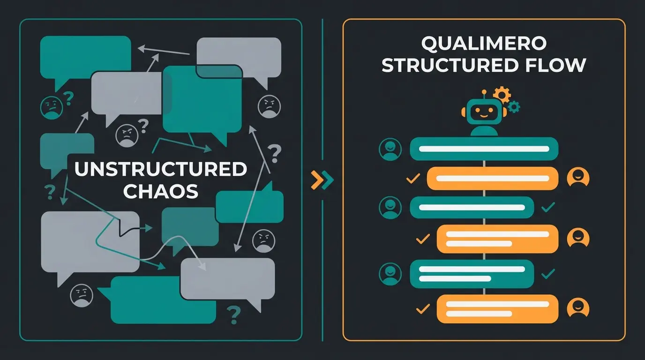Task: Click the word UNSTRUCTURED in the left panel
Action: point(160,169)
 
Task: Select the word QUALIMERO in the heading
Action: point(484,44)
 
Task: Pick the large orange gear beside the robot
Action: point(502,95)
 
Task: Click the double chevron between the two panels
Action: point(322,180)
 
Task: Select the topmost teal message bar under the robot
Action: point(484,149)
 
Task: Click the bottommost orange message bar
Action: point(497,308)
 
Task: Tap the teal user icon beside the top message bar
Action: point(390,150)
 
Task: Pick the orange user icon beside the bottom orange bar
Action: point(578,308)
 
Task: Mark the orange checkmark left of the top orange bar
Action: point(413,178)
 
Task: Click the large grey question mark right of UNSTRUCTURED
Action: point(275,152)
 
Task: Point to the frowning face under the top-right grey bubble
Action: point(269,106)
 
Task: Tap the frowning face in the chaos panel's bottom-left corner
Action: point(81,295)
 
